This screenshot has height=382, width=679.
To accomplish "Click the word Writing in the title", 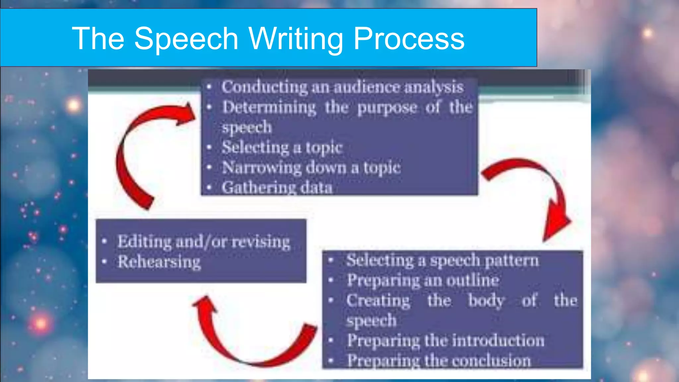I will click(x=296, y=39).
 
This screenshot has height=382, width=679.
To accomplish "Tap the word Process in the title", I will click(x=409, y=39).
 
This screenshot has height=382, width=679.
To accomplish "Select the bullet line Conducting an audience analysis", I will click(x=342, y=87).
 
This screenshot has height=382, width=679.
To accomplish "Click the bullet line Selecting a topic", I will click(x=282, y=147).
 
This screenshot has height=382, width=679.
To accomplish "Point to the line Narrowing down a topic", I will click(x=311, y=167).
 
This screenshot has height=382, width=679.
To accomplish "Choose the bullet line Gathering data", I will click(x=277, y=187).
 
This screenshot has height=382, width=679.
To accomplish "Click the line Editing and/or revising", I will click(x=204, y=241).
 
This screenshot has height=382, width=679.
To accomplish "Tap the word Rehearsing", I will click(x=159, y=262).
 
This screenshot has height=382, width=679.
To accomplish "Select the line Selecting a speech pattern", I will click(x=442, y=260).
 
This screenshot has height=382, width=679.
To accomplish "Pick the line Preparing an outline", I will click(x=423, y=281).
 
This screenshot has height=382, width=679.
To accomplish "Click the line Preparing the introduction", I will click(x=445, y=341).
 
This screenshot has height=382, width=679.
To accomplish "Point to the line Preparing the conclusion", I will click(x=439, y=360).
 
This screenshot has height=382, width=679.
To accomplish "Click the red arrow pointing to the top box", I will click(x=143, y=149).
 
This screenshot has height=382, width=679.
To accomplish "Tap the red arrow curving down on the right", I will click(x=540, y=192).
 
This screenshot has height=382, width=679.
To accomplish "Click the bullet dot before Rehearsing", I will click(x=104, y=262).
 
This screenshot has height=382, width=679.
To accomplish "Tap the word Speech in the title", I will click(x=186, y=39).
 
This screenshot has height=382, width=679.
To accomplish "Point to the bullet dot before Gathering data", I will click(x=209, y=188).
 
